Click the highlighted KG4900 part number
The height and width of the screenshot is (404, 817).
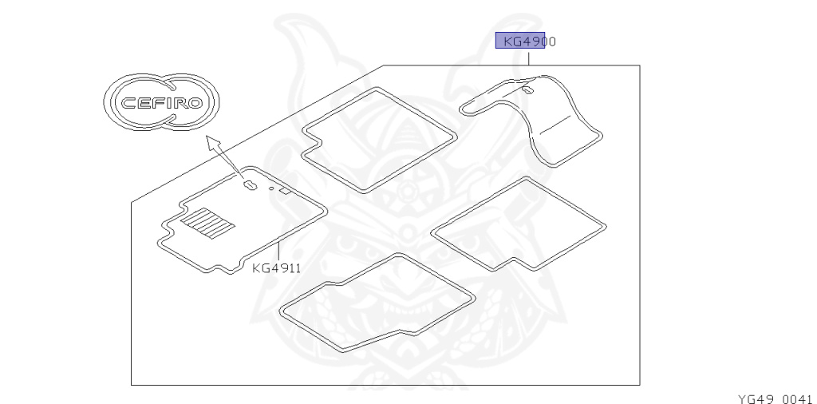[x=525, y=41]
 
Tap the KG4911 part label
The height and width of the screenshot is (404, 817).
[x=276, y=268]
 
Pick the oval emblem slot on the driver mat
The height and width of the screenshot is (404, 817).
[x=248, y=186]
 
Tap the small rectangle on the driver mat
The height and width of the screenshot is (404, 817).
[x=286, y=193]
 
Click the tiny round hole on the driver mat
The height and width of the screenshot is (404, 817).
[x=272, y=190]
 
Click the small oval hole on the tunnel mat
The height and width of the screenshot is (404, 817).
[x=527, y=92]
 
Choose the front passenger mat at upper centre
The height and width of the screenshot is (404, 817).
[x=378, y=141]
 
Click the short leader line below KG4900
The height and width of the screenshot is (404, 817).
[x=527, y=57]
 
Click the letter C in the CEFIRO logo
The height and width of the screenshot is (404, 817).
[x=128, y=104]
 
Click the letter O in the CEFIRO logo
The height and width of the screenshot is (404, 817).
[x=201, y=104]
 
